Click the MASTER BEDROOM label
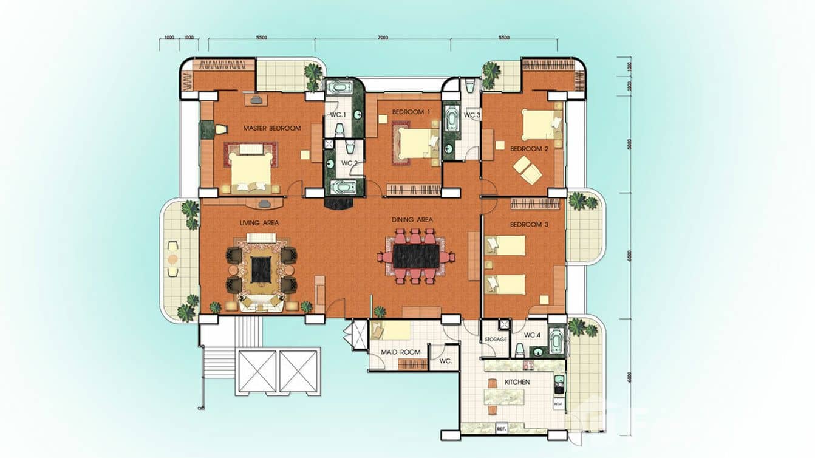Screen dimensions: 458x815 [271, 128]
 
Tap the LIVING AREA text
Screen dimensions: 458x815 [259, 223]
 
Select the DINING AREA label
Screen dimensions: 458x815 [412, 219]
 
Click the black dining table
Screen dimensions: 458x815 [415, 256]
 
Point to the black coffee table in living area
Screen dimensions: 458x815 [261, 269]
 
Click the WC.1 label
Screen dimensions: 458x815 [338, 115]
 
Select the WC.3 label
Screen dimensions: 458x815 [472, 115]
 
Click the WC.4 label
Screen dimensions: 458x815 [532, 335]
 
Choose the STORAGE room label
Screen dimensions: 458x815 [495, 339]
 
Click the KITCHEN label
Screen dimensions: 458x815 [517, 382]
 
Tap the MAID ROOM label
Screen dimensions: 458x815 [400, 352]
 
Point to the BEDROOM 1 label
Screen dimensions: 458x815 [411, 112]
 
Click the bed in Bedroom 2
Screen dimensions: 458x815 [538, 125]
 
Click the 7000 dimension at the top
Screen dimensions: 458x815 [382, 38]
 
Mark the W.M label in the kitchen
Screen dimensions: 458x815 [558, 403]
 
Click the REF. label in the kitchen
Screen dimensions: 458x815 [501, 428]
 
